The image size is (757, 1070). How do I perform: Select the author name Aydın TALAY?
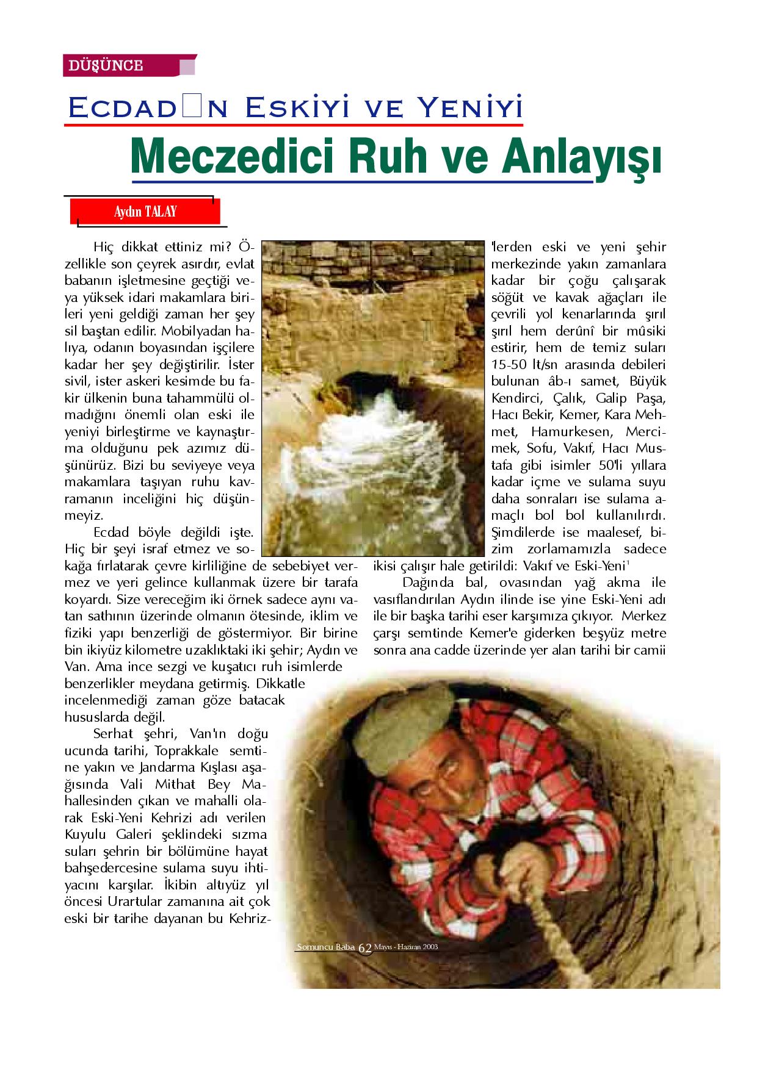145,212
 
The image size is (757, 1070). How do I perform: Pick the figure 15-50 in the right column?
513,365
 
